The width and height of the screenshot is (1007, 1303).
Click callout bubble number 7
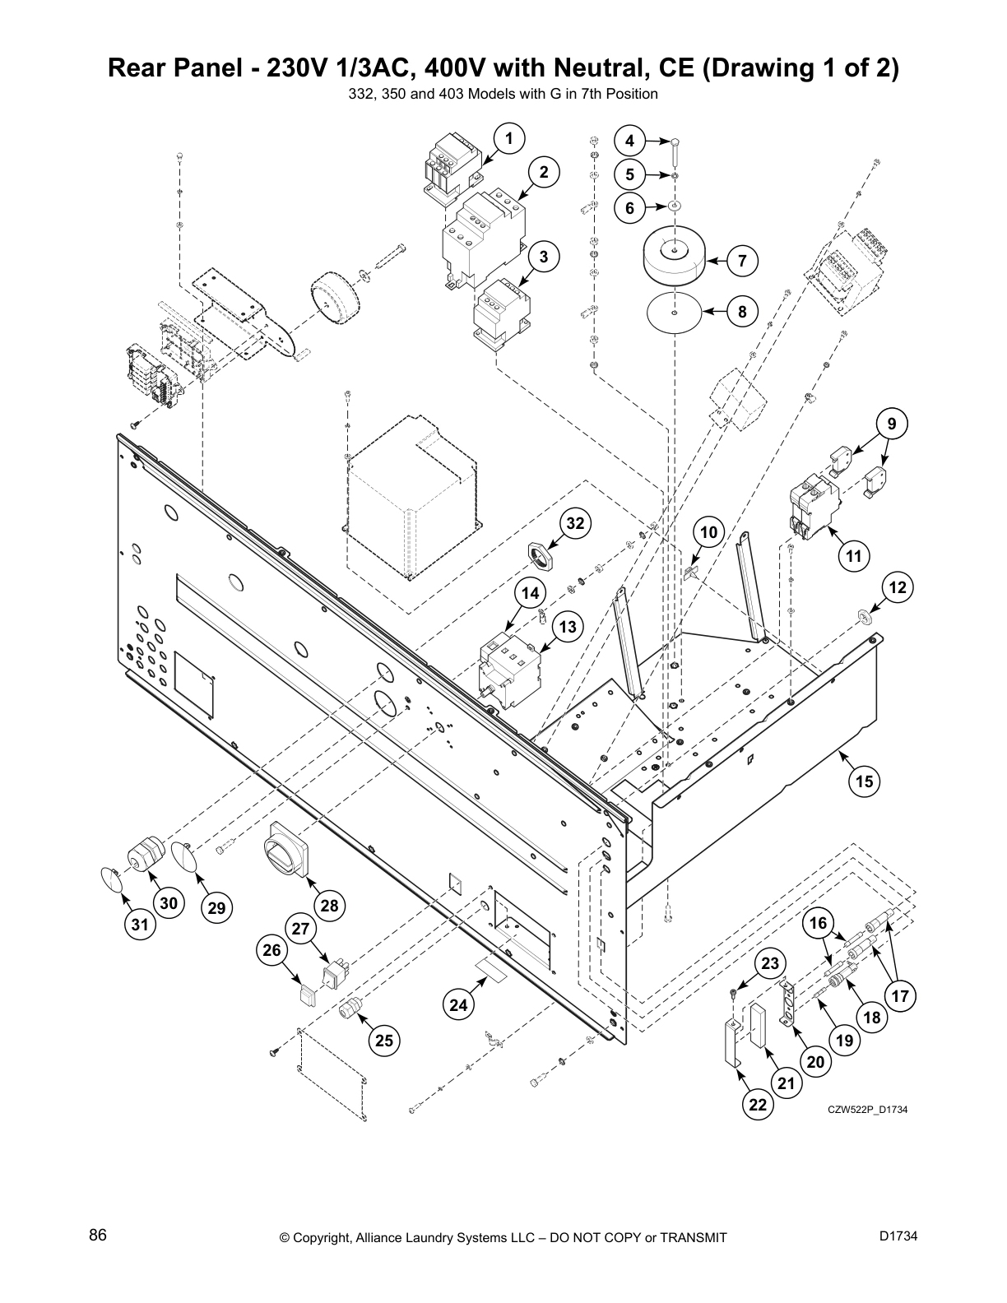pyautogui.click(x=741, y=261)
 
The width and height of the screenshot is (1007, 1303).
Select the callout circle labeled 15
pyautogui.click(x=864, y=780)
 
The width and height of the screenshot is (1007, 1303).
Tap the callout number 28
pyautogui.click(x=328, y=906)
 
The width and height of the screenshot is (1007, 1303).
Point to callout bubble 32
pyautogui.click(x=576, y=523)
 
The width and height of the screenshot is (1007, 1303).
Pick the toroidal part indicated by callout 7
pyautogui.click(x=673, y=255)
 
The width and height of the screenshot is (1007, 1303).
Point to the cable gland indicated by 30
pyautogui.click(x=142, y=856)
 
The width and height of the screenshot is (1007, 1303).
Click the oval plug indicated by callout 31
pyautogui.click(x=112, y=879)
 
